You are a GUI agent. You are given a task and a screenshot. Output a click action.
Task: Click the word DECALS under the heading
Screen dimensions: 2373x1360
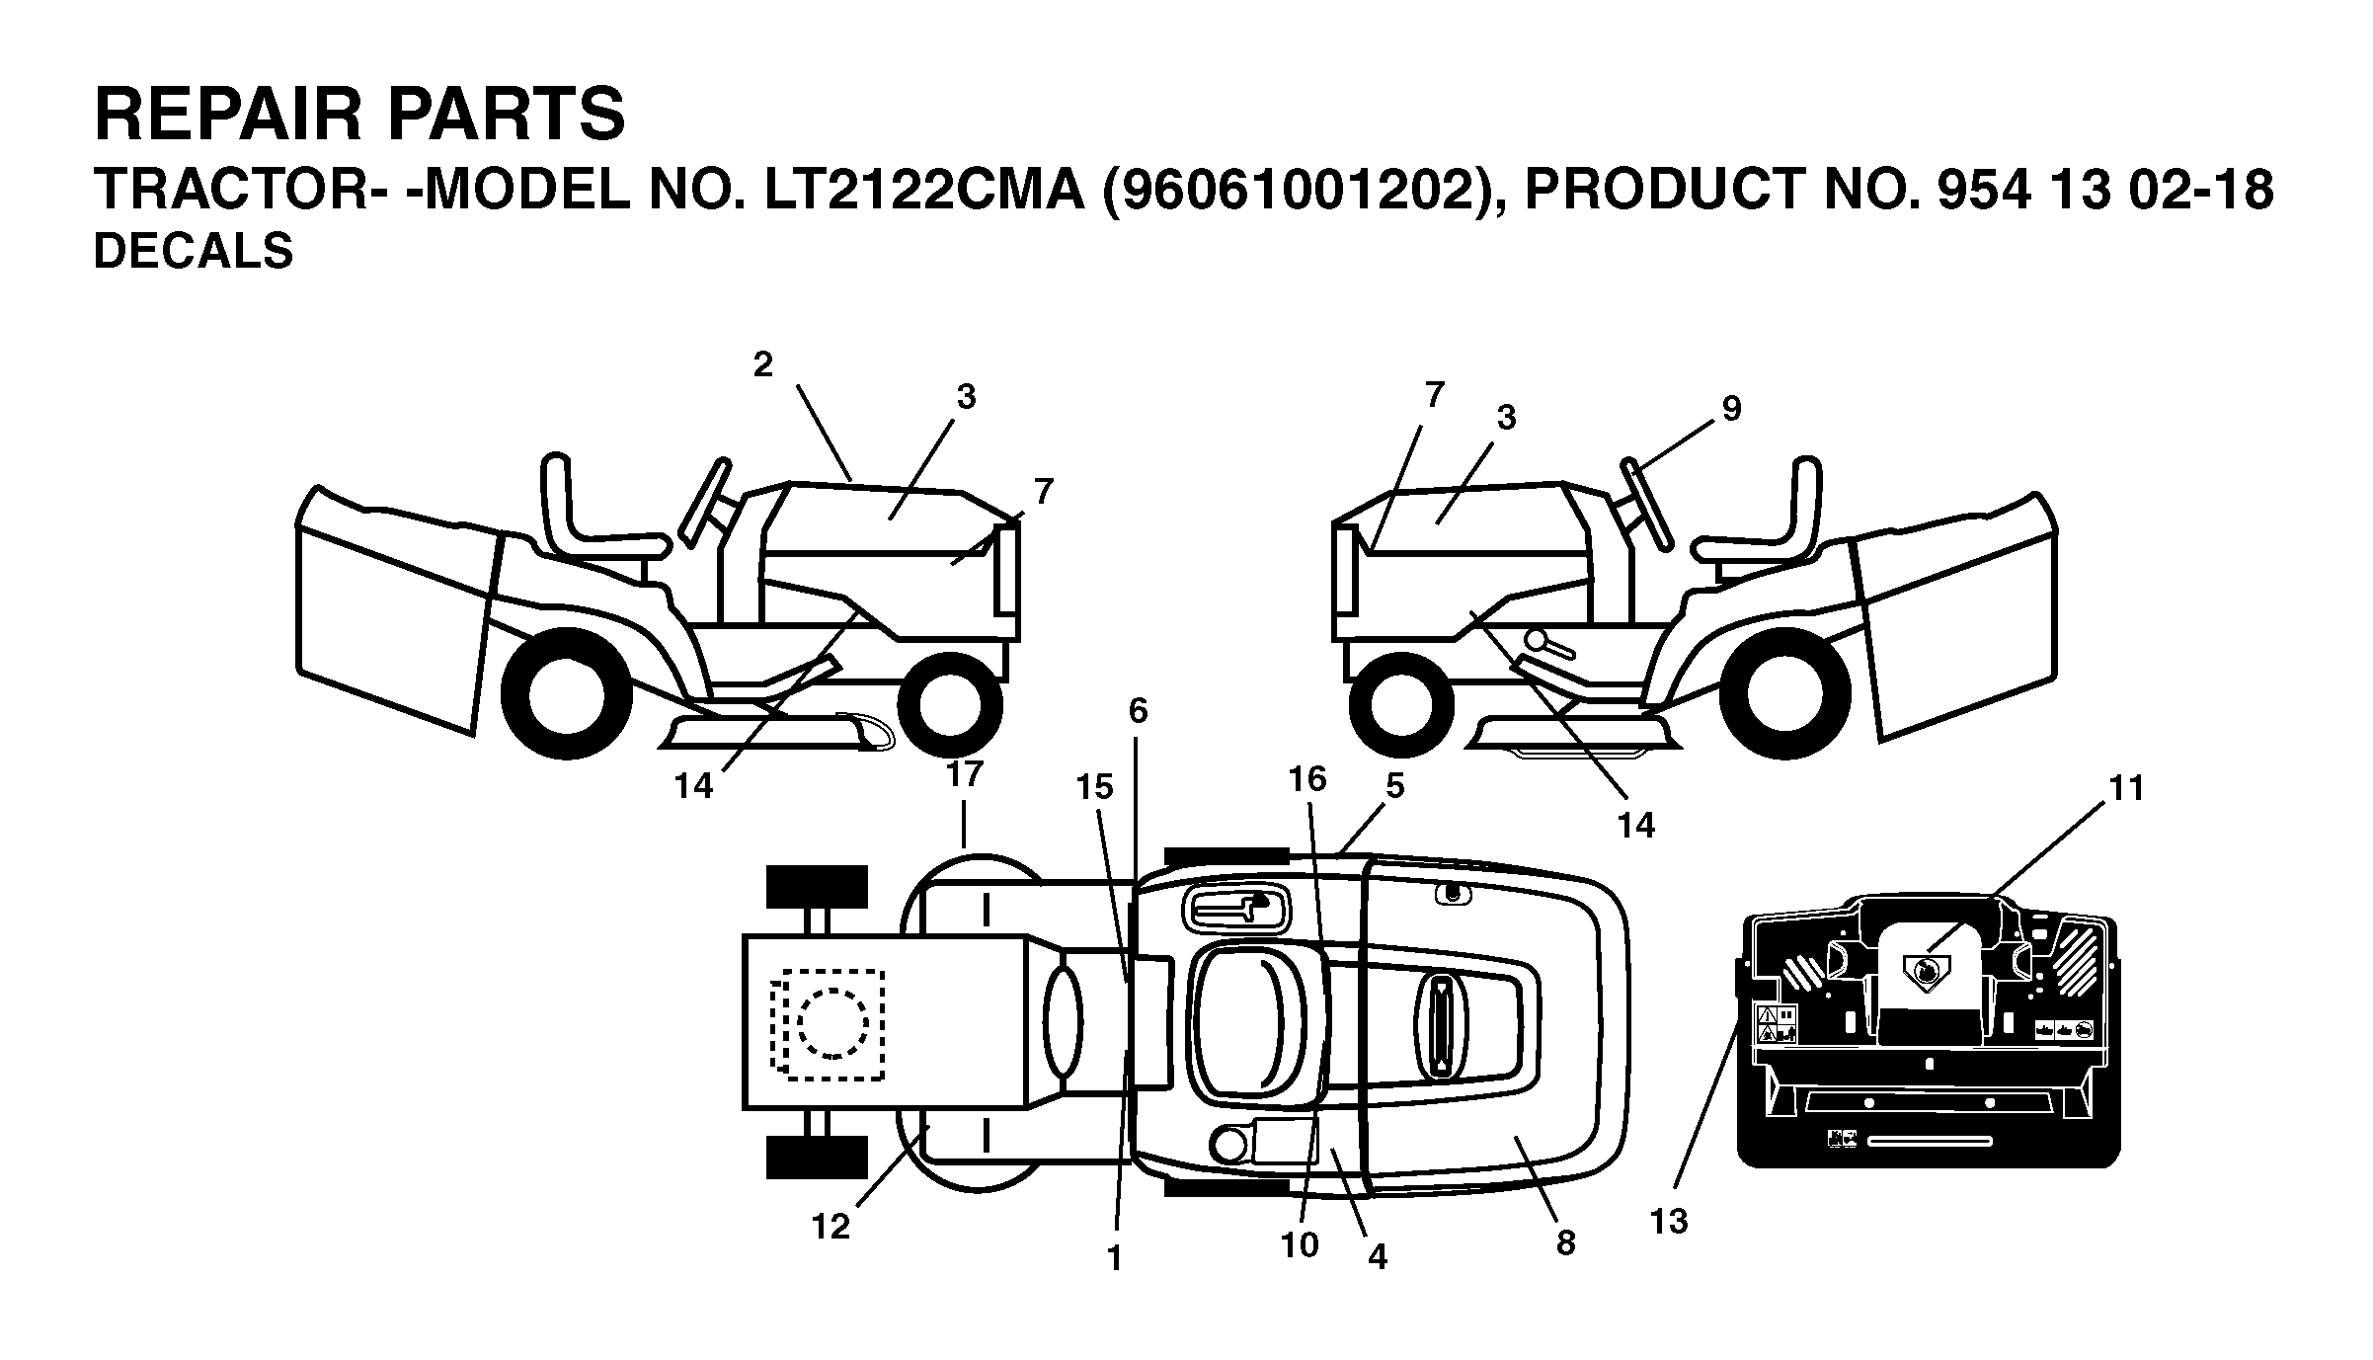click(x=194, y=251)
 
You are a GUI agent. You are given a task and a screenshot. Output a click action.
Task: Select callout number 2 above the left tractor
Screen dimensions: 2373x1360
click(x=762, y=365)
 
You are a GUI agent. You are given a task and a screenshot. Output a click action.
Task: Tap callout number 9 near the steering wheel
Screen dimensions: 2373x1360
click(x=1731, y=408)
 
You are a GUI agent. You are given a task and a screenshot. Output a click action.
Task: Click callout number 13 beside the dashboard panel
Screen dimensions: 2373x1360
click(x=1670, y=1222)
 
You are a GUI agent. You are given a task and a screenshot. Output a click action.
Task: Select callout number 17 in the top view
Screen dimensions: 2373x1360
click(x=965, y=773)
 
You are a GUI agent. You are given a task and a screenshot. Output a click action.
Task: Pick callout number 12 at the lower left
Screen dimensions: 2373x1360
click(x=831, y=1227)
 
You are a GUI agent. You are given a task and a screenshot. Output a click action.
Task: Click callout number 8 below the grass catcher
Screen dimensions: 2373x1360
click(x=1565, y=1242)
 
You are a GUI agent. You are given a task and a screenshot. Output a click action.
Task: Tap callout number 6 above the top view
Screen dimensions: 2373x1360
click(x=1139, y=710)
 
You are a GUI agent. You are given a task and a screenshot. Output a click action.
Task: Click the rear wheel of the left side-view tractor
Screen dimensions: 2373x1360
click(x=566, y=694)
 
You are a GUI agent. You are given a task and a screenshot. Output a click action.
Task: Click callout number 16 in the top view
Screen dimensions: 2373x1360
click(x=1306, y=779)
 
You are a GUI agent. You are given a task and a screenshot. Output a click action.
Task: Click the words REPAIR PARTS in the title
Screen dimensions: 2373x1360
click(x=359, y=115)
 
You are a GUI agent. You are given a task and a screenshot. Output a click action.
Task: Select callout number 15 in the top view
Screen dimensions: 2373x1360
click(x=1094, y=787)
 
